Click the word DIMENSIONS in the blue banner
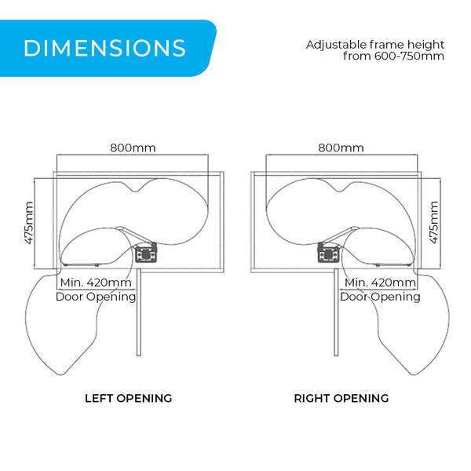tap(104, 48)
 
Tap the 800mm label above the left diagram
tap(133, 148)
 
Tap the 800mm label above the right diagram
tap(341, 148)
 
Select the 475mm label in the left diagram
tap(29, 223)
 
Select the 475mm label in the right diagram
tap(434, 223)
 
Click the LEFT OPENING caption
tap(129, 398)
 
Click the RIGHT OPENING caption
tap(341, 398)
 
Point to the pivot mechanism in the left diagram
tap(146, 253)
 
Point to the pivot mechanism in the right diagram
tap(329, 253)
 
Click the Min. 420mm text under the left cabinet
tap(96, 283)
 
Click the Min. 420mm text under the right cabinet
tap(380, 283)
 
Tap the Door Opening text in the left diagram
tap(96, 297)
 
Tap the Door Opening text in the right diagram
tap(380, 297)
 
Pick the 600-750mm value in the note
tap(409, 57)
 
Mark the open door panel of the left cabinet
tap(138, 312)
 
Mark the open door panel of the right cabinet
tap(336, 312)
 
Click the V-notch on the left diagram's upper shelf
tap(136, 191)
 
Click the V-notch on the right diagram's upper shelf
tap(338, 191)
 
